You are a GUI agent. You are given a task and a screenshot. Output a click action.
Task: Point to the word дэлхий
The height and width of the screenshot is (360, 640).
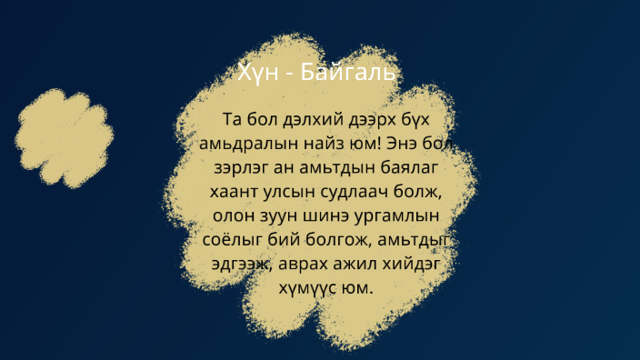[306, 119]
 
